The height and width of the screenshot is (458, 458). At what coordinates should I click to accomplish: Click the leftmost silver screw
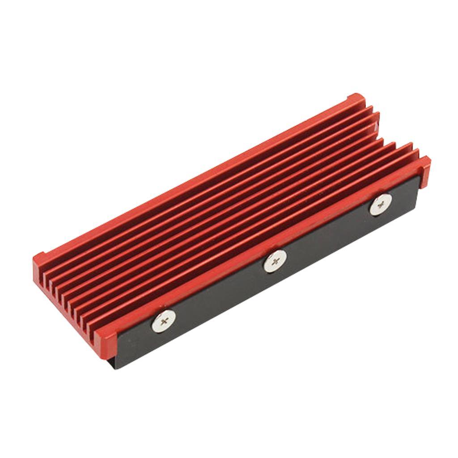point(163,321)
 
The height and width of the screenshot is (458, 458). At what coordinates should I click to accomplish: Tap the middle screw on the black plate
point(275,261)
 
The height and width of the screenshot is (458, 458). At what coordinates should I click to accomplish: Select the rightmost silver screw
point(380,204)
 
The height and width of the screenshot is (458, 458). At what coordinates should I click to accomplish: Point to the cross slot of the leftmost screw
point(163,321)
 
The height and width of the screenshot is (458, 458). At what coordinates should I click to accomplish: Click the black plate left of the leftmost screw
point(134,340)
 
